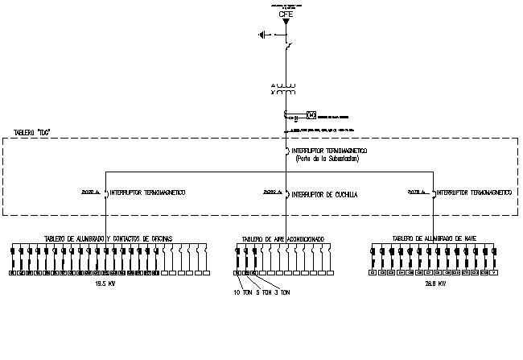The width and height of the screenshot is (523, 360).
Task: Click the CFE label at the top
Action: [x=286, y=14]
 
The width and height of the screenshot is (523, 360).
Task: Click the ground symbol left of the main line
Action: [x=261, y=34]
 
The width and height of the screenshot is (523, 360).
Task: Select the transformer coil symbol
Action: [x=286, y=89]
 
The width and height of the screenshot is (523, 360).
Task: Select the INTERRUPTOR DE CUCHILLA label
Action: [x=324, y=194]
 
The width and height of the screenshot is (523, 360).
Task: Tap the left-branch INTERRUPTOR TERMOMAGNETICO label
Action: [x=148, y=192]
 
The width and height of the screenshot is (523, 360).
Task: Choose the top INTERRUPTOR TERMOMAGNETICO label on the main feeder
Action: [x=330, y=151]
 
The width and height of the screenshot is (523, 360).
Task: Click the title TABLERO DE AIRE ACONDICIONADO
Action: [x=283, y=239]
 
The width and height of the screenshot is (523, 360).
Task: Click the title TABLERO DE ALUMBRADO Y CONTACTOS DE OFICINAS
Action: [x=108, y=238]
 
